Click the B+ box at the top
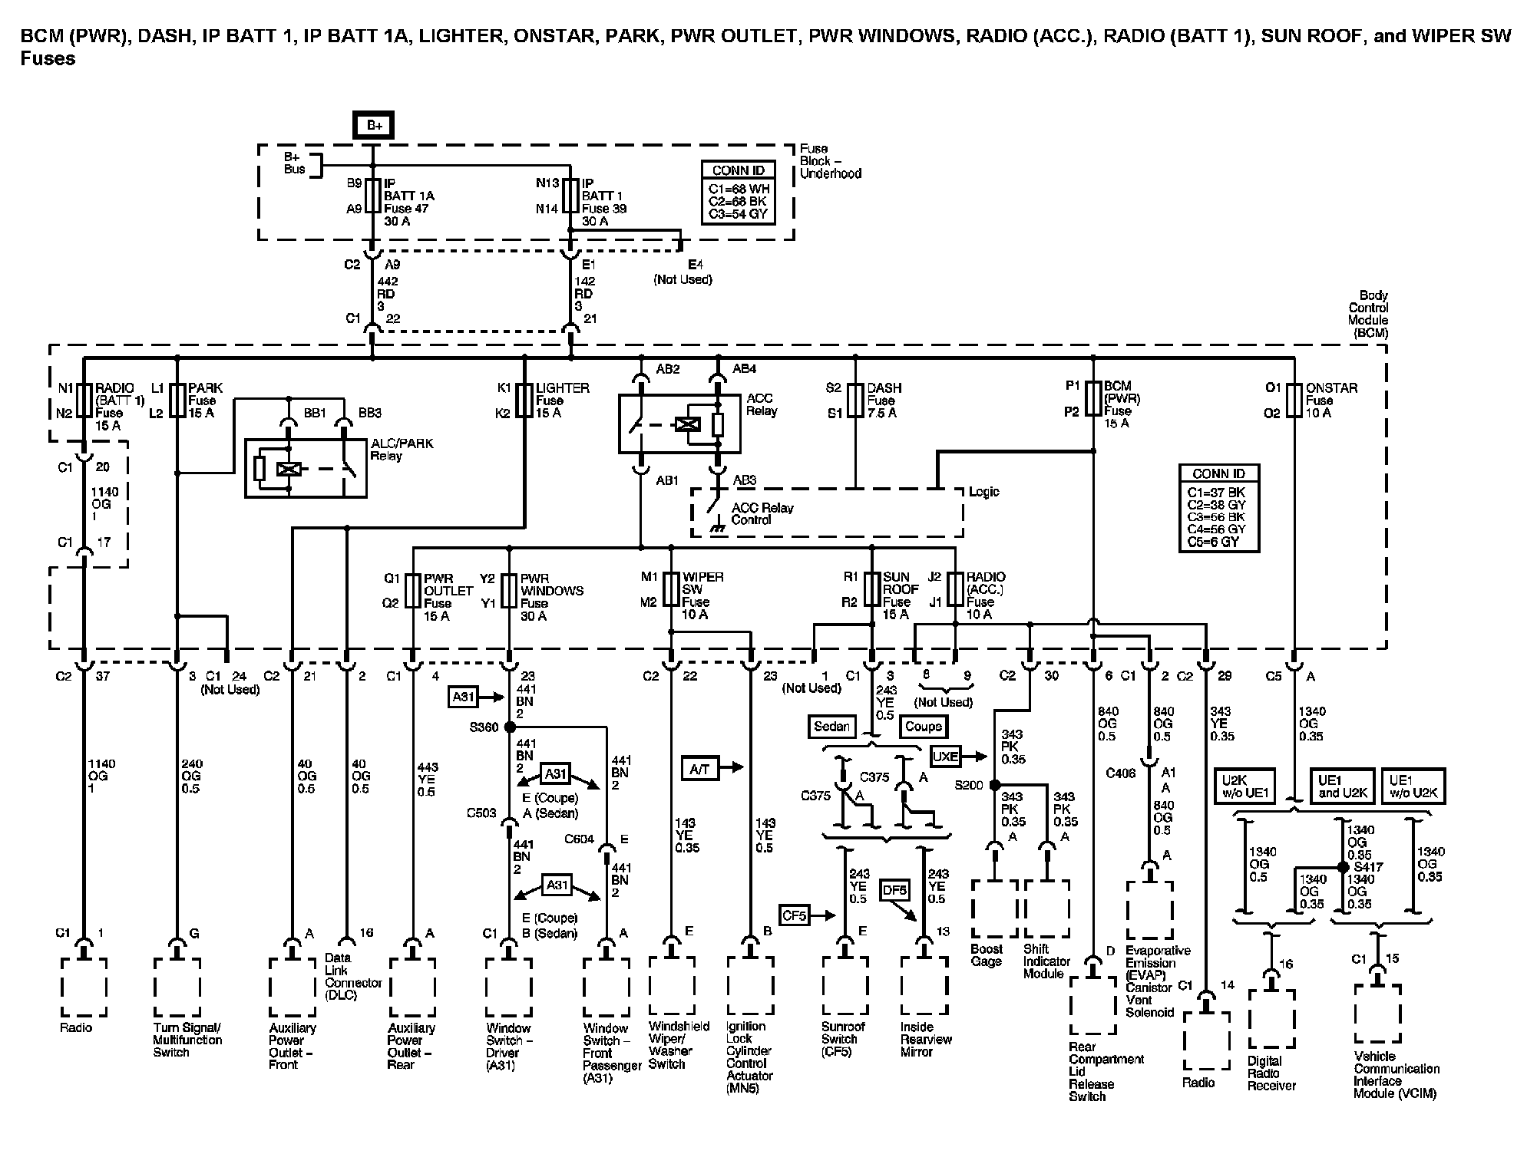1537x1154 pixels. coord(374,125)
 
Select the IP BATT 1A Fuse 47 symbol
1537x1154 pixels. coord(373,196)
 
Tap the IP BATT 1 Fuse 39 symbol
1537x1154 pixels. coord(570,196)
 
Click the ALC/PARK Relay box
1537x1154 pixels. coord(306,468)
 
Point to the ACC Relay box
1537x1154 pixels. coord(679,424)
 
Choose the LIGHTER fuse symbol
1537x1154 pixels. coord(524,401)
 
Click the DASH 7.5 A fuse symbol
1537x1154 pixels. coord(855,401)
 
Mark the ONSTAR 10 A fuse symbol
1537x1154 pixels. coord(1294,401)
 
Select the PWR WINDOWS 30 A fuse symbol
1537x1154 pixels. coord(509,591)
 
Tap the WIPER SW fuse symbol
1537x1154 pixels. coord(671,590)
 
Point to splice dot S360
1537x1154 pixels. coord(509,727)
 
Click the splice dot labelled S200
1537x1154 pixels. coord(994,785)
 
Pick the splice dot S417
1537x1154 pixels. coord(1343,867)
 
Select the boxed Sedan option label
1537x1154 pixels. coord(831,726)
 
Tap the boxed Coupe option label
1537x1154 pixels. coord(924,726)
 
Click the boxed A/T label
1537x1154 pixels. coord(699,768)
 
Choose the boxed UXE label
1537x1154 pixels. coord(945,756)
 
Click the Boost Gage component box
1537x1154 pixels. coord(994,908)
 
